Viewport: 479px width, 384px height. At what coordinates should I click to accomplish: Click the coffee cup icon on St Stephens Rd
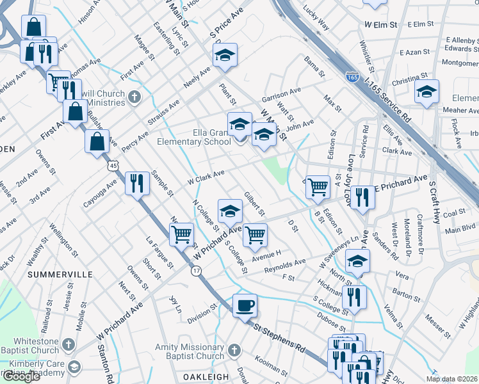[x=245, y=306]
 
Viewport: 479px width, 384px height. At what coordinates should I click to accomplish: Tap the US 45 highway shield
[x=113, y=165]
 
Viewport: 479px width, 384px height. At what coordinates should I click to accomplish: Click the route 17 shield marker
[x=196, y=271]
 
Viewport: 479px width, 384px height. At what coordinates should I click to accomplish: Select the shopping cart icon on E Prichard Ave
[x=318, y=187]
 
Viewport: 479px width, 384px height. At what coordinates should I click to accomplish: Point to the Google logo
[x=20, y=376]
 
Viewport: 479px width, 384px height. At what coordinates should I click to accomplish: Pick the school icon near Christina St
[x=426, y=92]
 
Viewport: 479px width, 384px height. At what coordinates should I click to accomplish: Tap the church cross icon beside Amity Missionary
[x=234, y=350]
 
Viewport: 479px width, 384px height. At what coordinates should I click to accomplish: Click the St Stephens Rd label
[x=279, y=337]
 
